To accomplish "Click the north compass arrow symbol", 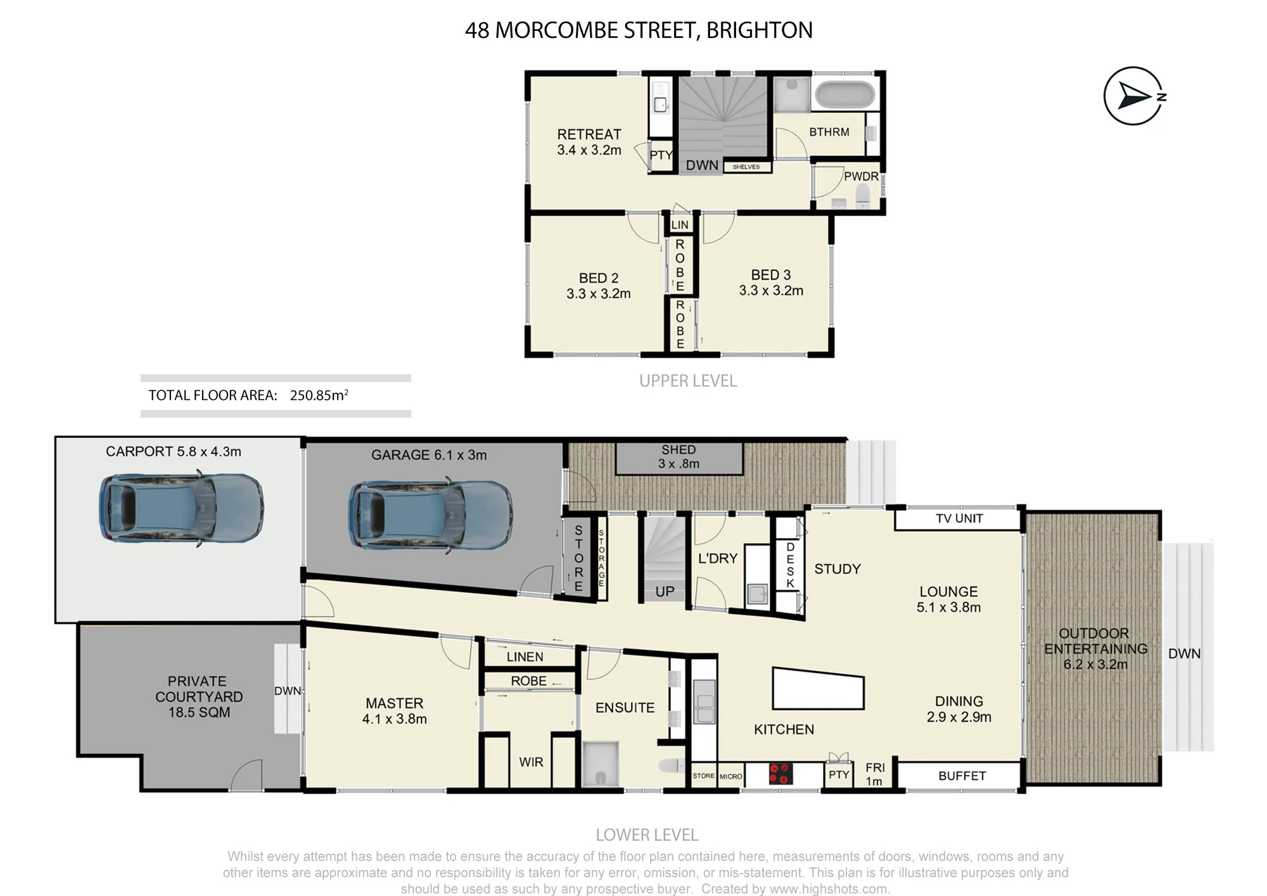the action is point(1133,96).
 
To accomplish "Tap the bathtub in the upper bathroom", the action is point(845,94).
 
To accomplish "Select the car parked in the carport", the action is point(181,508).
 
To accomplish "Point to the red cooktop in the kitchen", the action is point(780,774).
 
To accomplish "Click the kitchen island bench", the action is point(818,688).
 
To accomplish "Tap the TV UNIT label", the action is point(959,518).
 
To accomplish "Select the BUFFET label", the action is point(962,776).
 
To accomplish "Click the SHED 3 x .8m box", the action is point(678,458).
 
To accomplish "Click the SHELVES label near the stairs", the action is point(746,167).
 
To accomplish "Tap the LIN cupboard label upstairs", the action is point(680,225).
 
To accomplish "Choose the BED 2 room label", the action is point(598,278).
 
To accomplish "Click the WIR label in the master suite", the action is point(531,762).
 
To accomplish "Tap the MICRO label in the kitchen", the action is point(730,776).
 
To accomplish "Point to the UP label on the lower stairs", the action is point(665,592).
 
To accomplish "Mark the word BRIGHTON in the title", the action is point(759,30).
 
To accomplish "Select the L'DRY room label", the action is point(718,558).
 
